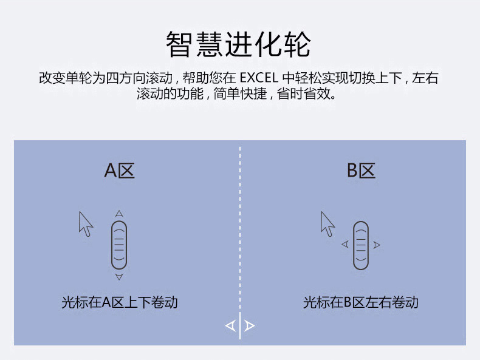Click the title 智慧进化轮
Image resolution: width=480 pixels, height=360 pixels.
(x=239, y=44)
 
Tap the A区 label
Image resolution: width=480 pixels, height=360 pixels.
(x=119, y=171)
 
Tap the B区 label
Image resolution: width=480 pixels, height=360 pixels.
(x=361, y=171)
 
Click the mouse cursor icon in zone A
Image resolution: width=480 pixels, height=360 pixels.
(x=86, y=223)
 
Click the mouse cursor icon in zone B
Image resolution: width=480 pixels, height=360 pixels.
(x=327, y=223)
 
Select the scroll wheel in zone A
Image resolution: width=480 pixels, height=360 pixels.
(x=119, y=245)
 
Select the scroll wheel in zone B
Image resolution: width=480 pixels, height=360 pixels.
(x=361, y=245)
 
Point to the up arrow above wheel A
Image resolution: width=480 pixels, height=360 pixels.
(x=119, y=214)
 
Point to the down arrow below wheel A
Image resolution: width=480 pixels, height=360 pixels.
(x=119, y=277)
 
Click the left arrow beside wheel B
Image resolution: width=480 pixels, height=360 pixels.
(x=345, y=245)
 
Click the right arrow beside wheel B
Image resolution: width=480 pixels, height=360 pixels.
(x=377, y=245)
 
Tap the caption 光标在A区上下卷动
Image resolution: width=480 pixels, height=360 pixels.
(x=120, y=302)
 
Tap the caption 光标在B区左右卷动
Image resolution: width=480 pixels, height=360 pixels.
(x=361, y=302)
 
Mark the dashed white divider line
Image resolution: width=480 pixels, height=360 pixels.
(x=240, y=231)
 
